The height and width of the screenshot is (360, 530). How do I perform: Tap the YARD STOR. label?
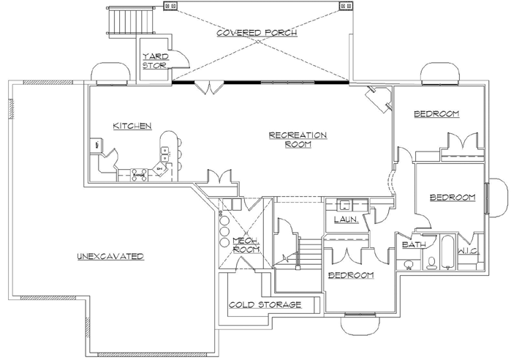point(154,61)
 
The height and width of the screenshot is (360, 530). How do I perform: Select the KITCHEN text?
point(132,126)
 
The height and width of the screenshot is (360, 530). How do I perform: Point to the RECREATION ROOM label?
point(298,140)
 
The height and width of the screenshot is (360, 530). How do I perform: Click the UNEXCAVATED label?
point(110,256)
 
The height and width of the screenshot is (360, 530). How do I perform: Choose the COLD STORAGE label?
point(264,304)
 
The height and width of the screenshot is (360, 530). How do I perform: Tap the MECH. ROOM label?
point(243,245)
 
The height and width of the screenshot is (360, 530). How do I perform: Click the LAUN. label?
point(345,219)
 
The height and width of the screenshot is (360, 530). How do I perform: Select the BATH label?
point(411,245)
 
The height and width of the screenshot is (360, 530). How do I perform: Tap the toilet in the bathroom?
point(431,263)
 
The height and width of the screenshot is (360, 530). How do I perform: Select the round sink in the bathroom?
point(409,263)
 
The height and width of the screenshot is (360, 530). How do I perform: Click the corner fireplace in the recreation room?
point(379,98)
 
